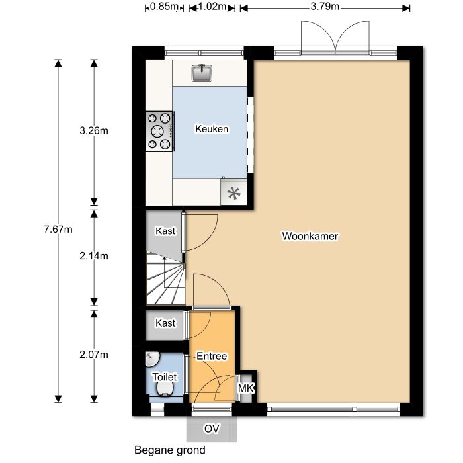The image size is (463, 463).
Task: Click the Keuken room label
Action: (212, 129)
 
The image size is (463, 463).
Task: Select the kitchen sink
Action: (202, 72)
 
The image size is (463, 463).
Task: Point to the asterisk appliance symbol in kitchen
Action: (233, 194)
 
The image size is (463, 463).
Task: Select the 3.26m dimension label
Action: (93, 131)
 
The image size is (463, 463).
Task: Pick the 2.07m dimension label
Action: (93, 355)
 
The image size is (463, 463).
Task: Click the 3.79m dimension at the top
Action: (325, 7)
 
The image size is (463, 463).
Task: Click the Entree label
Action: (212, 357)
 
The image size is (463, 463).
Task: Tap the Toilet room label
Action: (164, 376)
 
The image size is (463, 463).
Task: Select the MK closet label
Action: (245, 388)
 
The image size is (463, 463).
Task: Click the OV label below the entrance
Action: (211, 429)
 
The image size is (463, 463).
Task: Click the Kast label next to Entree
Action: (165, 323)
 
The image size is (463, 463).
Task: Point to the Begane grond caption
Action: (169, 450)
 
